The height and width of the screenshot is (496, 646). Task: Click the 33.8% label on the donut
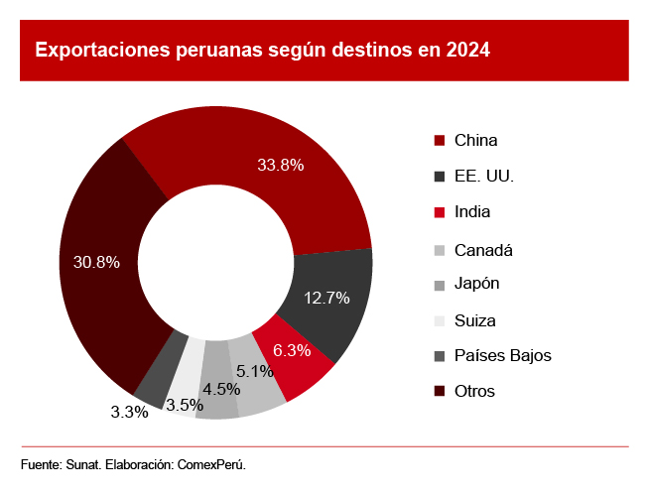(x=280, y=166)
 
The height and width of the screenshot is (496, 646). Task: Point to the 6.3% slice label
(x=292, y=350)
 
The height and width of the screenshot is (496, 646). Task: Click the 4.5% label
(x=221, y=389)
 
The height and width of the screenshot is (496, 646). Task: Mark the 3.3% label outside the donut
(x=129, y=412)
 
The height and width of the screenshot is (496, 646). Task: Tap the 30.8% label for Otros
(x=96, y=262)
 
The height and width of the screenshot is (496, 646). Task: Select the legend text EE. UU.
(x=484, y=177)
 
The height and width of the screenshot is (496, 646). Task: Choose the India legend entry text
(x=472, y=211)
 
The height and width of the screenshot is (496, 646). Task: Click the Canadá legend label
(x=483, y=249)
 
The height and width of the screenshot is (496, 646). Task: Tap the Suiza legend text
(x=474, y=320)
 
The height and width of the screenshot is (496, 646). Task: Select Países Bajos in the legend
(x=502, y=355)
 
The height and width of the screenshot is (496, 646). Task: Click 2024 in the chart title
(x=467, y=49)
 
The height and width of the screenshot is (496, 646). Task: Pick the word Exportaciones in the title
(x=97, y=49)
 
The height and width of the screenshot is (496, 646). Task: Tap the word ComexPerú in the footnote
(x=210, y=464)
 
